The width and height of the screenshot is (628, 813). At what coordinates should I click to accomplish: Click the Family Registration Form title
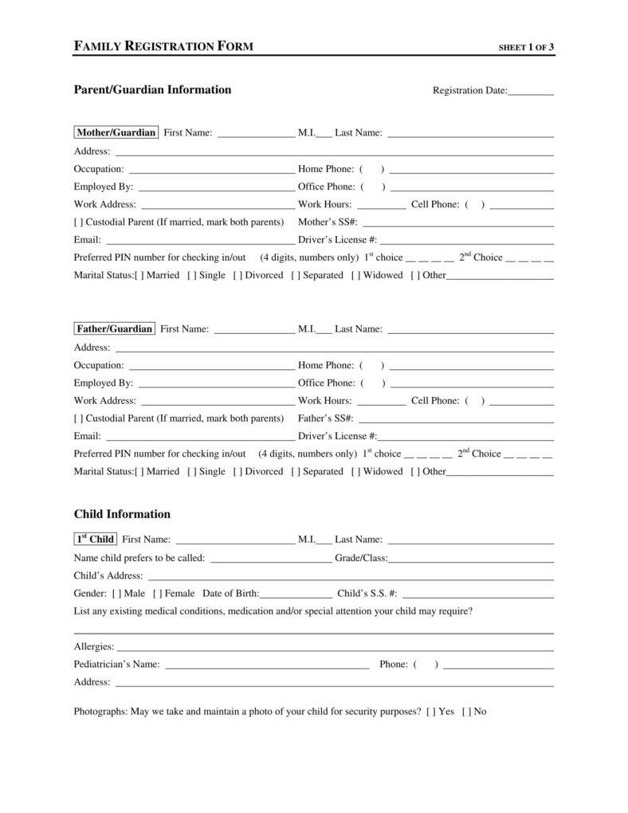point(163,46)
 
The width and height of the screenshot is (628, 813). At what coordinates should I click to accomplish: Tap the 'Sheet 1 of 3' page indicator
point(526,47)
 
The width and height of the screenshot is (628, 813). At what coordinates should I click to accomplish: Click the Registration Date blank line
point(531,91)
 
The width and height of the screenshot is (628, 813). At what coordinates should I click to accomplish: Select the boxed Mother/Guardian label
point(116,132)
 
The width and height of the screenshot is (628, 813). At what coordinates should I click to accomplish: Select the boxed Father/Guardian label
point(114,328)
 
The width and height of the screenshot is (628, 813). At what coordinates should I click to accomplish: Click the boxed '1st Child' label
point(95,539)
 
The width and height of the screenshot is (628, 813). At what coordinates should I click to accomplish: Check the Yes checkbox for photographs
point(431,711)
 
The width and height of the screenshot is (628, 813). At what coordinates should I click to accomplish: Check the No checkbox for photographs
point(466,711)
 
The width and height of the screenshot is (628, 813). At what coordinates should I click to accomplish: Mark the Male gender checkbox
point(117,593)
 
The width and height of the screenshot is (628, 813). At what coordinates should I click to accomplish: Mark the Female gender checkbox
point(158,593)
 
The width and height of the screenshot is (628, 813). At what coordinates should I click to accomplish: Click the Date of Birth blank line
point(296,595)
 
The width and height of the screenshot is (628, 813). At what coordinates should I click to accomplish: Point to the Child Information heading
point(122,514)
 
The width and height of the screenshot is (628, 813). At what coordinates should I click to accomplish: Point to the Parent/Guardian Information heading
point(152,89)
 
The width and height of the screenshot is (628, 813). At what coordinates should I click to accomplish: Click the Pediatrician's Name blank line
point(266,666)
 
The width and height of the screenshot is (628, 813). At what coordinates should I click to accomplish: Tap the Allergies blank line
point(335,648)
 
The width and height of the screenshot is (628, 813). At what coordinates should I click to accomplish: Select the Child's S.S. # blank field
point(478,595)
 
